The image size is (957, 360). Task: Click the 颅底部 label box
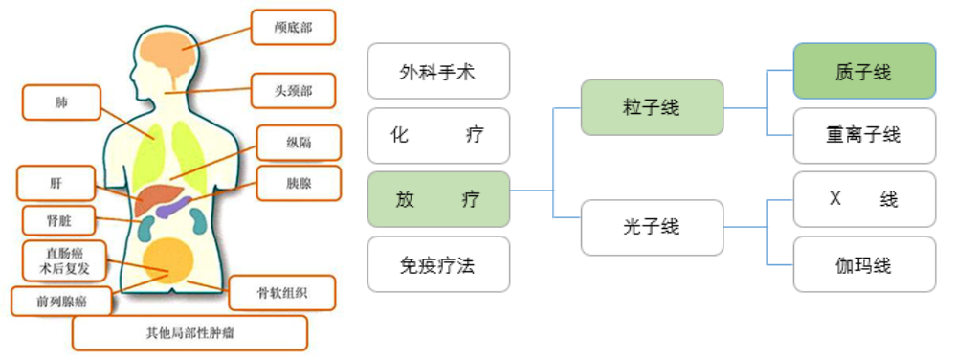(294, 28)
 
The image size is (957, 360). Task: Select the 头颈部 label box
(294, 92)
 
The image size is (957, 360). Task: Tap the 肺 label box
(63, 101)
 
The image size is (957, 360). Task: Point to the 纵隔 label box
(299, 146)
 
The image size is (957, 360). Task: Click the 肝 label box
(56, 183)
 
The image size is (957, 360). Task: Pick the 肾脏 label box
(58, 222)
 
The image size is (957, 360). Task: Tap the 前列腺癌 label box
(60, 302)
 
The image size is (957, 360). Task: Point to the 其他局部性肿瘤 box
(189, 334)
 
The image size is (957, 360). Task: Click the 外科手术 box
(438, 72)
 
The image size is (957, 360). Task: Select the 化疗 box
(438, 135)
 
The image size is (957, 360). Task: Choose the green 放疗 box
(438, 199)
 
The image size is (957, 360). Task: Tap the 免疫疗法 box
(438, 264)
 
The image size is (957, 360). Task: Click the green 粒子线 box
(652, 107)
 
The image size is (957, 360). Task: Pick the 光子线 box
(652, 228)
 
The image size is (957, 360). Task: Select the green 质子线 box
(864, 71)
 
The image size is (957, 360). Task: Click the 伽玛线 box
(864, 264)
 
